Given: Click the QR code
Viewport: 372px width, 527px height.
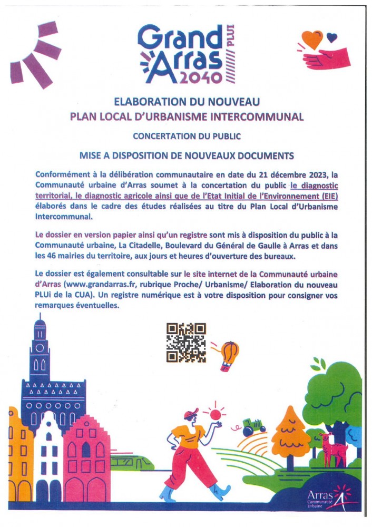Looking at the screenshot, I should tap(186, 343).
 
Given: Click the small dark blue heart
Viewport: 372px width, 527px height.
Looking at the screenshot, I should tap(331, 37).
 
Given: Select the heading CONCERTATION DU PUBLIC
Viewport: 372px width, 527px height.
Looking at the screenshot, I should tap(187, 136).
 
